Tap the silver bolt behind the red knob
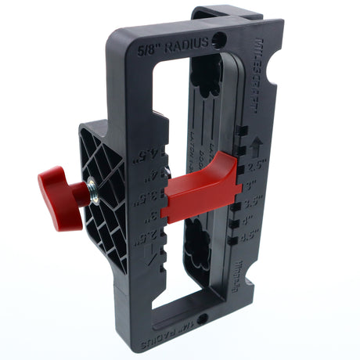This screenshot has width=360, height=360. click(x=92, y=186)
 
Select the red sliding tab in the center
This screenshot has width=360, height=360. click(x=200, y=188)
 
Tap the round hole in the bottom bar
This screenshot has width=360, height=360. click(x=203, y=319)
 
